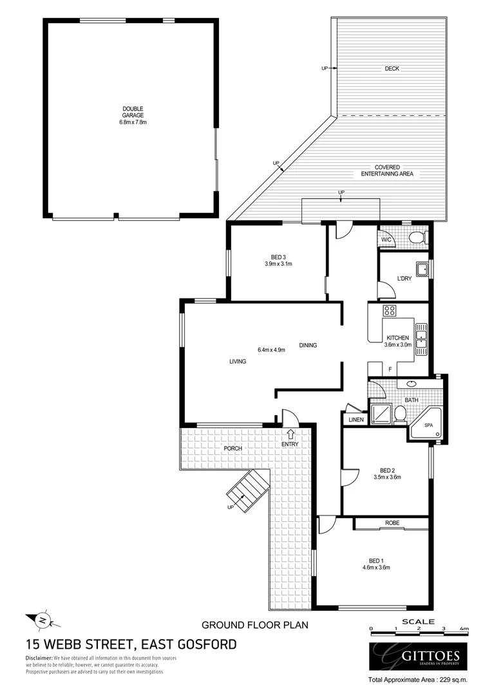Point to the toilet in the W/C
tap(417, 238)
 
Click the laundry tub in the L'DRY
tap(422, 268)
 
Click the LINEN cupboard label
tap(355, 420)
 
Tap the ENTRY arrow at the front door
tap(290, 434)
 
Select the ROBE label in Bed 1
tap(392, 523)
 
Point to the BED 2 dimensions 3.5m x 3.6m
tap(387, 477)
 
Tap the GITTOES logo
tap(417, 656)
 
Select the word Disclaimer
tap(39, 658)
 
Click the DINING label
tap(308, 346)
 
